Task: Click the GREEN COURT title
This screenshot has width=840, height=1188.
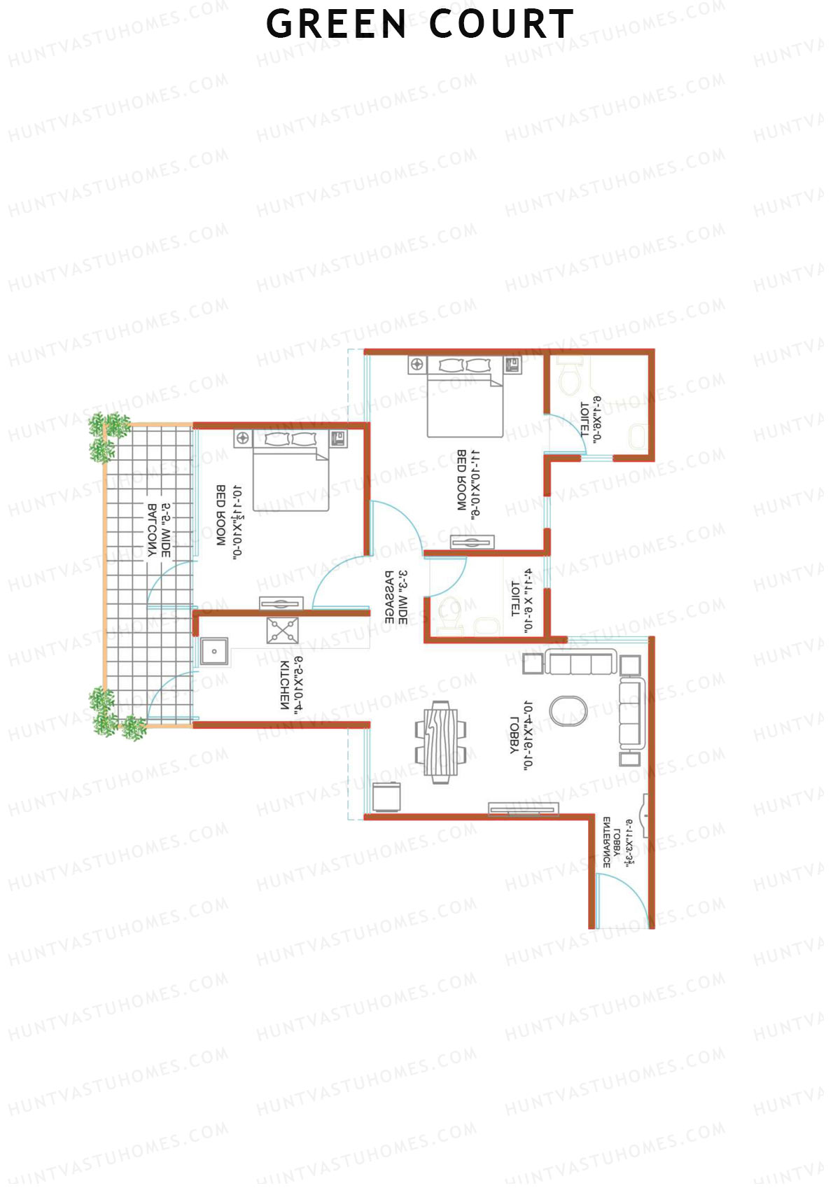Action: point(420,25)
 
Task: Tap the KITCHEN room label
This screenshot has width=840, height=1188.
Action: point(285,685)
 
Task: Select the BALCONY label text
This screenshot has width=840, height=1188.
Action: point(152,530)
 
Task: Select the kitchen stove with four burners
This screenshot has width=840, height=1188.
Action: point(282,630)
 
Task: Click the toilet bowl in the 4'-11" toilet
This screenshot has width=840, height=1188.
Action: point(448,615)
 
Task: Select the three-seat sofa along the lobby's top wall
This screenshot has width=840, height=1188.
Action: point(580,662)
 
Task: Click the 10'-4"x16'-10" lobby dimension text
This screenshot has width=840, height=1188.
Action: point(528,735)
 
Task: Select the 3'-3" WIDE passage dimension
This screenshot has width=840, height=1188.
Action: point(403,596)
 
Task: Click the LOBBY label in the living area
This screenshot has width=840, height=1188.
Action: point(514,736)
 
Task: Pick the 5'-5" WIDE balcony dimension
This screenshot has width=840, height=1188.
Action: point(166,530)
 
